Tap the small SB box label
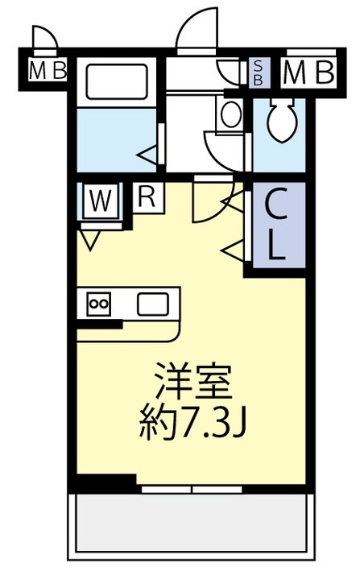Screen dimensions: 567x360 (259, 72)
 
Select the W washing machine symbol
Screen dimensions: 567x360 (100, 201)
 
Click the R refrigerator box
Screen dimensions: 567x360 (147, 196)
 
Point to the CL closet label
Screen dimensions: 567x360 (275, 227)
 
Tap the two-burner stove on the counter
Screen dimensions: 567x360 (99, 304)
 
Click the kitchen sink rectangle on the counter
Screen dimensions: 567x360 (153, 304)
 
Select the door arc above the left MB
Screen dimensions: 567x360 (45, 38)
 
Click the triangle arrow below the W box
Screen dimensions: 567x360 (89, 238)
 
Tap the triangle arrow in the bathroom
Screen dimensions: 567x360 (147, 152)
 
